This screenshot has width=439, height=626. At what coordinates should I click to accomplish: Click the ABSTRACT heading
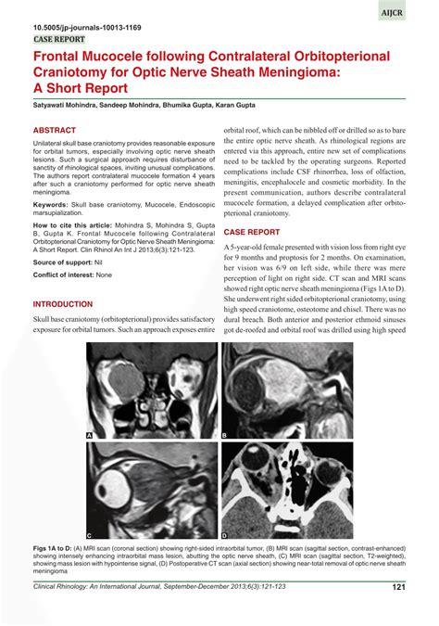pyautogui.click(x=55, y=132)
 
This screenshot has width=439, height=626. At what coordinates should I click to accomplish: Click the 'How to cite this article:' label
pyautogui.click(x=77, y=225)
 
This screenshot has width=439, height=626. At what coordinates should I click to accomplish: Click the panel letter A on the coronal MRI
pyautogui.click(x=90, y=435)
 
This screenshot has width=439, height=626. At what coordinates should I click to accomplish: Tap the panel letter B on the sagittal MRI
pyautogui.click(x=225, y=435)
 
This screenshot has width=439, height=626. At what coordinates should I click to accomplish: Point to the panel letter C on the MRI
pyautogui.click(x=90, y=536)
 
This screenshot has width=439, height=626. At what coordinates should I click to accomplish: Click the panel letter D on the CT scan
pyautogui.click(x=225, y=536)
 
